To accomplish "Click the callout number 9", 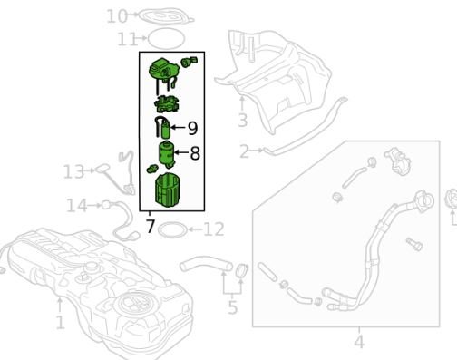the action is (192, 128).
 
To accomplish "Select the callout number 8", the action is (195, 153).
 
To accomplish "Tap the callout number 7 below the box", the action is (151, 226).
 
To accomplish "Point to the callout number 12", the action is (214, 229).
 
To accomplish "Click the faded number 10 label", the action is (117, 16).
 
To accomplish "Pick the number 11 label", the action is (126, 39).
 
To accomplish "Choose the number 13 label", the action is (73, 171).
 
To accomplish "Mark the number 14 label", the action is (77, 206).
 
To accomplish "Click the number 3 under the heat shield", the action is (243, 121).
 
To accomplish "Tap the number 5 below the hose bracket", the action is (233, 307).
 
